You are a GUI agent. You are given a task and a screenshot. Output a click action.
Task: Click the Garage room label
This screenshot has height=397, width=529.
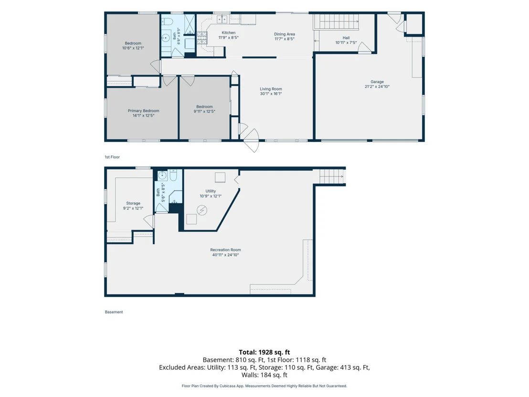[x=377, y=82]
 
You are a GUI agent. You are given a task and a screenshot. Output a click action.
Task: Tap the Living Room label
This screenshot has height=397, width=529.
[x=271, y=89]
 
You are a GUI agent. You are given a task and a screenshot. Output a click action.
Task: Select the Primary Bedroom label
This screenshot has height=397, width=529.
[x=143, y=111]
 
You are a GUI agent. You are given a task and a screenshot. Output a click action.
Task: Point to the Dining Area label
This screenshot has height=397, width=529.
[x=285, y=34]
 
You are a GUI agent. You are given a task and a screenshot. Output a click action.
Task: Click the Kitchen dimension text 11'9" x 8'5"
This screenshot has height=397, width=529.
[x=228, y=37]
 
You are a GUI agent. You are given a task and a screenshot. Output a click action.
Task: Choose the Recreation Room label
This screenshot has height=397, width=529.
[x=225, y=250]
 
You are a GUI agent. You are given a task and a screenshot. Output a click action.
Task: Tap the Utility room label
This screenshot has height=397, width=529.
[x=211, y=191]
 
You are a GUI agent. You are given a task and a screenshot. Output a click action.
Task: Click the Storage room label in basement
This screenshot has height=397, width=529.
[x=133, y=203]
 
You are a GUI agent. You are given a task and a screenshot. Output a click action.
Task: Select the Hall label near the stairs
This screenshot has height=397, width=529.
[x=346, y=38]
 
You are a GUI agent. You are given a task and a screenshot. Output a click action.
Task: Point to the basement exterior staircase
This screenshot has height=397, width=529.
[x=332, y=176]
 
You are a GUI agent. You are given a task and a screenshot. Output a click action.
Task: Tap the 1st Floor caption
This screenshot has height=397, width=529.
[x=112, y=157]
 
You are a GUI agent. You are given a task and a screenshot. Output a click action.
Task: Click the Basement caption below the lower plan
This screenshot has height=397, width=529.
[x=114, y=312]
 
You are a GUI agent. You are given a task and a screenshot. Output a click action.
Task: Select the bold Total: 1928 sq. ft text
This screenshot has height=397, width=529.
[x=264, y=352]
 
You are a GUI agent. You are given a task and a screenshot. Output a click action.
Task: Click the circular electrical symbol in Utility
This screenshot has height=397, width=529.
[x=202, y=210]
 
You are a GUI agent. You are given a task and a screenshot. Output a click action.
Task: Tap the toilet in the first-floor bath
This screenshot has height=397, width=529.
[x=167, y=22]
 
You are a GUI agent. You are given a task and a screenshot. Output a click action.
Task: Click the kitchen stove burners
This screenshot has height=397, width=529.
[x=202, y=38]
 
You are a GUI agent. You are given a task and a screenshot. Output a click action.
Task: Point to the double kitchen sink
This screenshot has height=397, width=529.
[x=222, y=19]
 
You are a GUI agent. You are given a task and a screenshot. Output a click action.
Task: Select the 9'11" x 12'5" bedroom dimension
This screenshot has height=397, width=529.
[x=204, y=111]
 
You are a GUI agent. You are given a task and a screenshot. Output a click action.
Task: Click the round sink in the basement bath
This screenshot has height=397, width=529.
[x=163, y=175]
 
